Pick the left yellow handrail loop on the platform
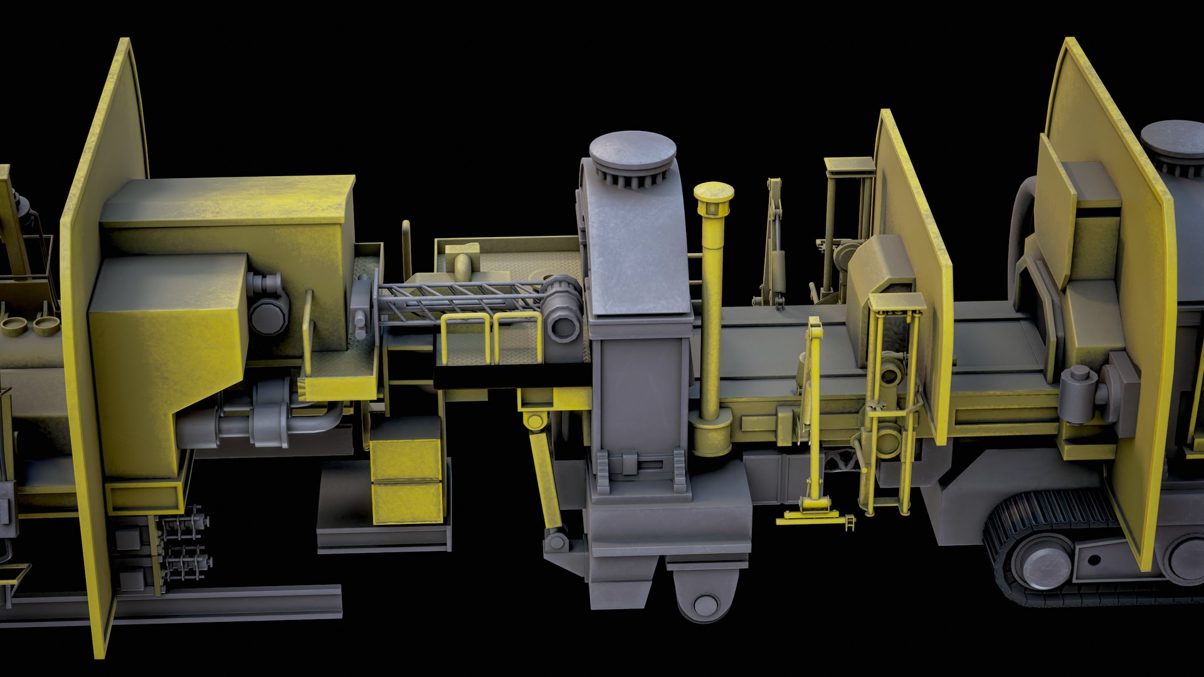[x=465, y=338]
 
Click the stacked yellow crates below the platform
[x=407, y=480]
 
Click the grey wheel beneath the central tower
[x=705, y=604]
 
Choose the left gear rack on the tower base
[x=603, y=471]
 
